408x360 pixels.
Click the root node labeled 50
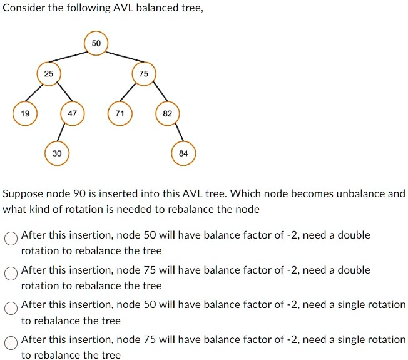pos(95,43)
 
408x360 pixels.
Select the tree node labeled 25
pos(48,74)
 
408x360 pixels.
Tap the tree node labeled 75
pos(144,74)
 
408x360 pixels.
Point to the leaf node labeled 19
pos(24,114)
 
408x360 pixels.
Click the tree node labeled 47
pos(72,114)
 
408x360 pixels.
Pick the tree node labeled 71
pos(120,114)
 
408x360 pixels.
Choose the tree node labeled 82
pos(167,114)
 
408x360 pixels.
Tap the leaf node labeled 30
pos(57,153)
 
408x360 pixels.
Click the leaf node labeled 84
pos(183,153)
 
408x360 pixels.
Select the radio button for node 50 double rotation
pos(11,238)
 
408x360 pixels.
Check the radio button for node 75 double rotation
pos(11,273)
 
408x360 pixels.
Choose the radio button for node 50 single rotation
pos(11,308)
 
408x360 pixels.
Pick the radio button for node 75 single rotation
pos(11,342)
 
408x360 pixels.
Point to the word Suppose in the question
pos(23,193)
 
